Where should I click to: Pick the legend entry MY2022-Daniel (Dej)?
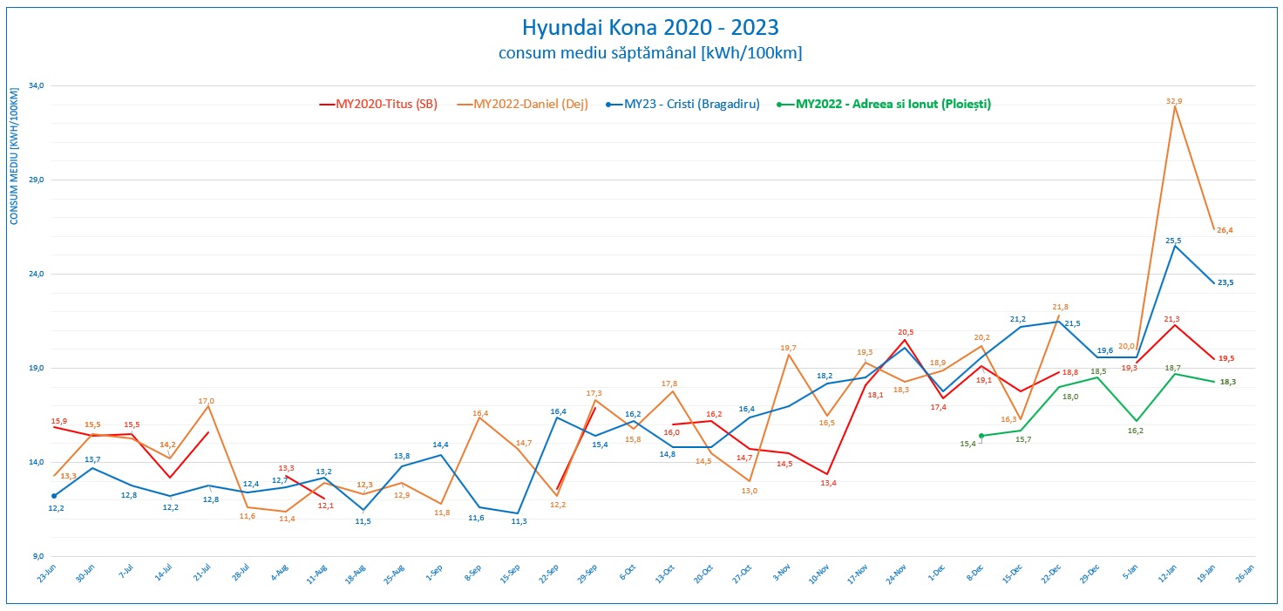pyautogui.click(x=530, y=104)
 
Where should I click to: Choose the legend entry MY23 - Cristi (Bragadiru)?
pyautogui.click(x=691, y=104)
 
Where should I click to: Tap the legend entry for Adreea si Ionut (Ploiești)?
pyautogui.click(x=893, y=104)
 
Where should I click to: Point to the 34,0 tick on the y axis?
pyautogui.click(x=36, y=85)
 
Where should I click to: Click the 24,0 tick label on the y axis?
pyautogui.click(x=36, y=274)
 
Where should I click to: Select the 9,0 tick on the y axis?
pyautogui.click(x=37, y=556)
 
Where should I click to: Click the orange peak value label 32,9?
pyautogui.click(x=1174, y=101)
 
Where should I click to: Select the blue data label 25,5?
pyautogui.click(x=1173, y=240)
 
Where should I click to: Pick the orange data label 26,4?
pyautogui.click(x=1225, y=230)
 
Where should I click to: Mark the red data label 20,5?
pyautogui.click(x=906, y=331)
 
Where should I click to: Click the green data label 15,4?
pyautogui.click(x=967, y=444)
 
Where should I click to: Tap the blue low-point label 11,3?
pyautogui.click(x=518, y=521)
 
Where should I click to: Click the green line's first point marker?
pyautogui.click(x=981, y=436)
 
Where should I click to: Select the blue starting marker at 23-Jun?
pyautogui.click(x=54, y=496)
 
